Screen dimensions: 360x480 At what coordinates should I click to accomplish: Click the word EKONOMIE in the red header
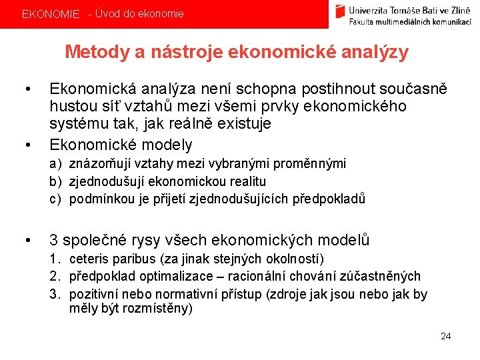click(x=50, y=14)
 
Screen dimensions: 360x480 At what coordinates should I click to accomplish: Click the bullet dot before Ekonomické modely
click(x=27, y=145)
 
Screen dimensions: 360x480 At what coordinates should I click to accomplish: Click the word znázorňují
click(x=101, y=164)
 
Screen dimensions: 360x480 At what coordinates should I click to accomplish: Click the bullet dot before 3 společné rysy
click(x=27, y=241)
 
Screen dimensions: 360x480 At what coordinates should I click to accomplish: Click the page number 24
click(x=446, y=336)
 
